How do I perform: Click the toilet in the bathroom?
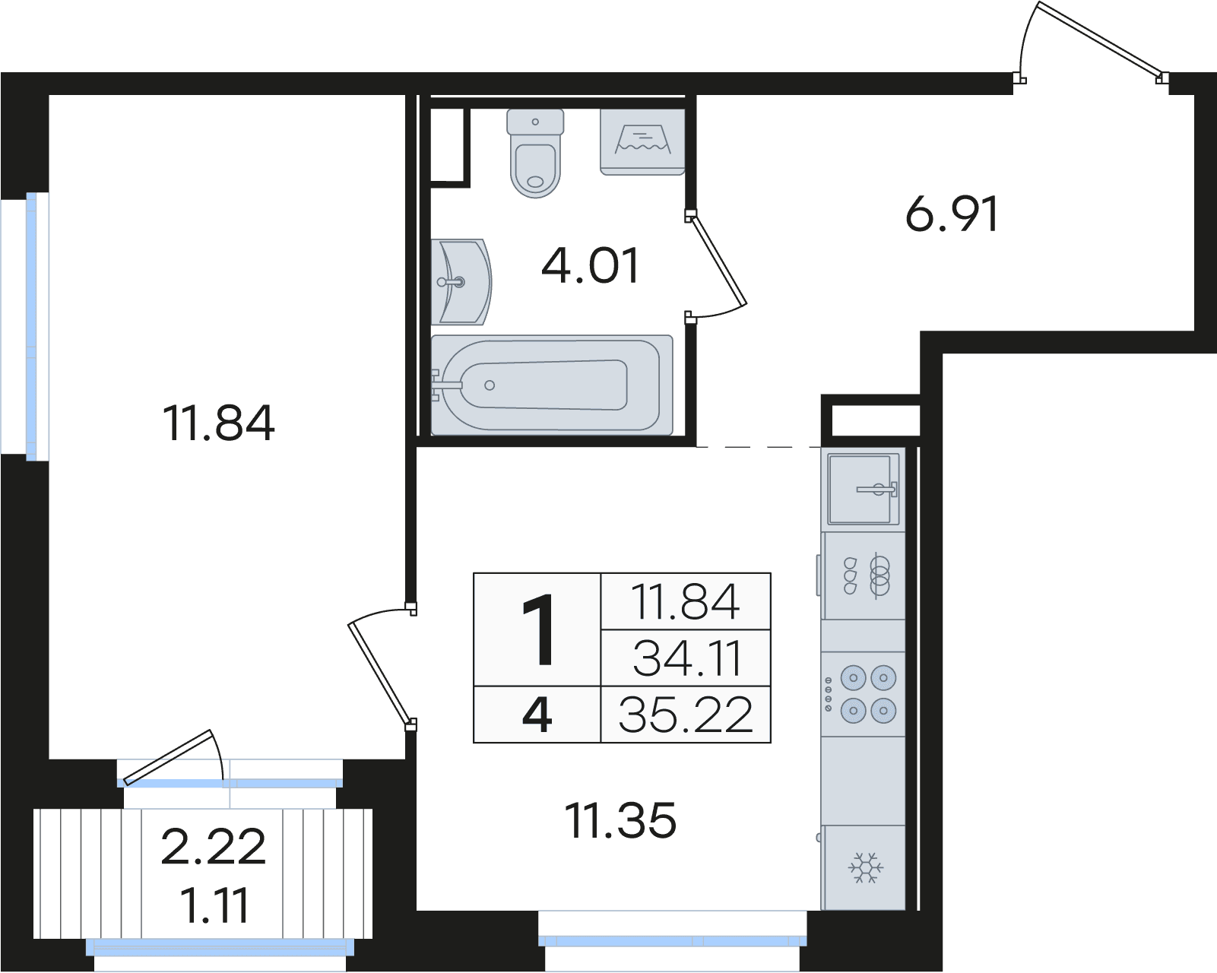coord(535,153)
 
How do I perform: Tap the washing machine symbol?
coord(642,141)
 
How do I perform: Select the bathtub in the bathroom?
coord(551,385)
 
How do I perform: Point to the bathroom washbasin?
coord(461,281)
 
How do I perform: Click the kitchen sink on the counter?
coord(863,489)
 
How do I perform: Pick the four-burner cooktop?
coord(863,693)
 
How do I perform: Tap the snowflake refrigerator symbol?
coord(865,867)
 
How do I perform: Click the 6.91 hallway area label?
coord(952,214)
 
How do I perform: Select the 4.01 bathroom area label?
coord(590,265)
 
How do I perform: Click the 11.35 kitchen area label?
coord(620,821)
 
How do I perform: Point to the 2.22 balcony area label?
coord(213,847)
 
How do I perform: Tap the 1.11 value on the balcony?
coord(214,905)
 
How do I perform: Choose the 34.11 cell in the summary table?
coord(686,658)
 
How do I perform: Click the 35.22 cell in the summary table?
coord(686,715)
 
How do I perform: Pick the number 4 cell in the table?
coord(537,715)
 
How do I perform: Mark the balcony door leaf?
coord(168,757)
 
